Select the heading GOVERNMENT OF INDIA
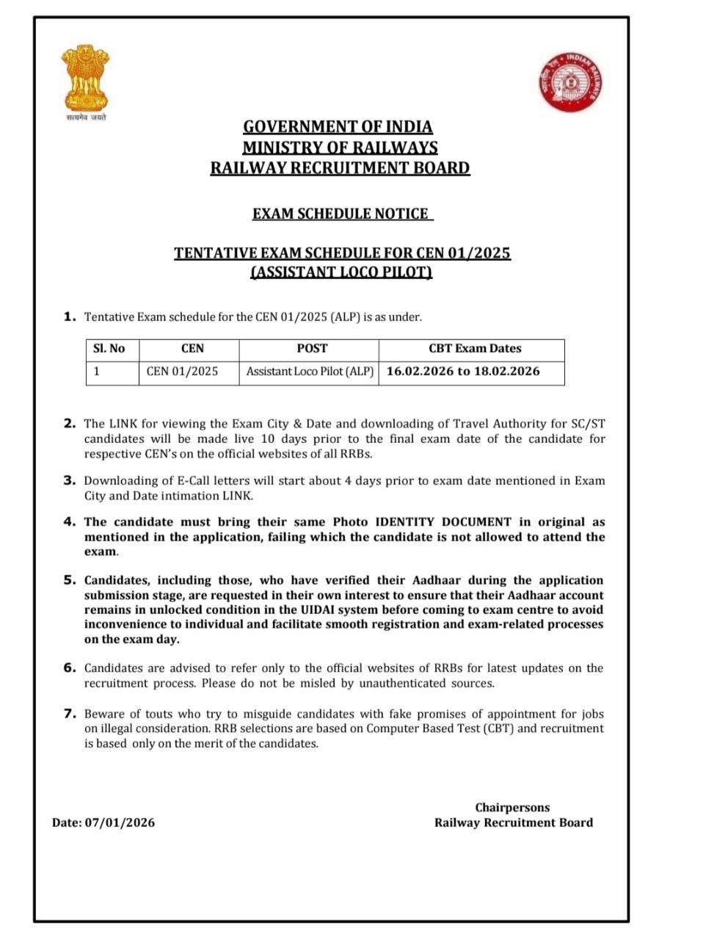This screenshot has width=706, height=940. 338,127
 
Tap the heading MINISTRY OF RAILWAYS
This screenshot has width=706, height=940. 340,148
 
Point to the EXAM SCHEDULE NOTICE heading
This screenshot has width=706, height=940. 341,214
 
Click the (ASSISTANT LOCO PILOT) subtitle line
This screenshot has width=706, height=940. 341,272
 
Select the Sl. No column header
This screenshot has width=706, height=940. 109,349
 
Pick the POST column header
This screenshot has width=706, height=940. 312,349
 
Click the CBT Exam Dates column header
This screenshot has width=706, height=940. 475,349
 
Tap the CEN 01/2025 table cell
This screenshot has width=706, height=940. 182,372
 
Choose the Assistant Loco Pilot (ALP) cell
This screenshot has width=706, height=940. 310,372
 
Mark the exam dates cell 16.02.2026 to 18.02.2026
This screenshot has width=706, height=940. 463,372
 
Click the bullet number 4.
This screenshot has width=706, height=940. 70,522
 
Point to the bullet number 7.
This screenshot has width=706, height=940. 70,713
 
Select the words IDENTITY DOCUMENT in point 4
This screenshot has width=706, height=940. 443,522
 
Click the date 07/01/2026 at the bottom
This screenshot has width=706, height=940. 120,822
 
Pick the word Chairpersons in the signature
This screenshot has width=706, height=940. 512,808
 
